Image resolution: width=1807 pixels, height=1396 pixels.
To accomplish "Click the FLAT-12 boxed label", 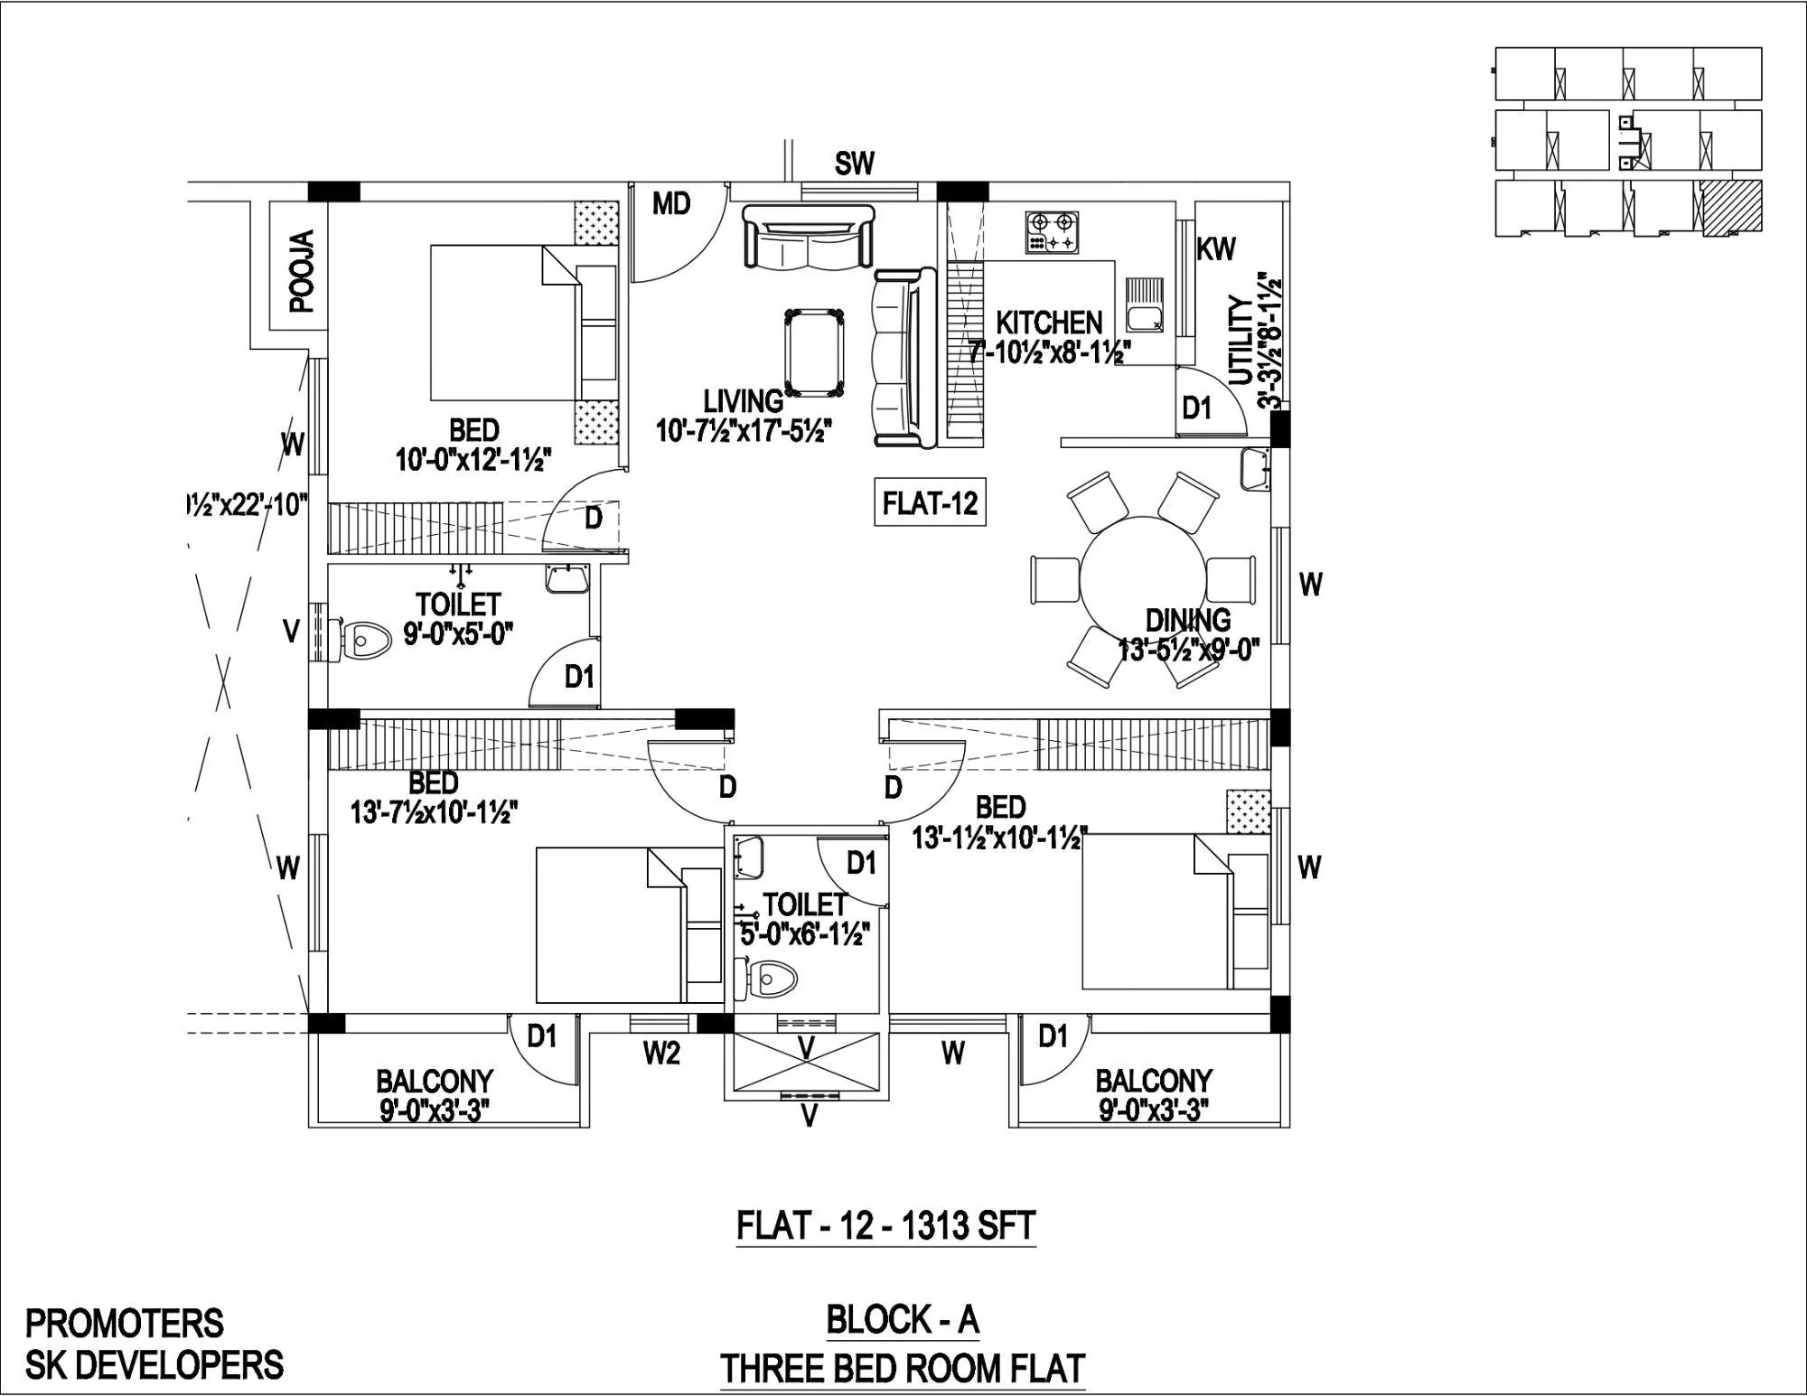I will [930, 502].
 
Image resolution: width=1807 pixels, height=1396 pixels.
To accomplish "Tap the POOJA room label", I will [302, 271].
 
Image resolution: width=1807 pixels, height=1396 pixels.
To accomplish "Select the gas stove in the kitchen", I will [1053, 231].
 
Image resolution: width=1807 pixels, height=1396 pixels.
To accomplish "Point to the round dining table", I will [1143, 581].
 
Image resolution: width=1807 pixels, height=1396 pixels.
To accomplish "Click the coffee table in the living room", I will [816, 352].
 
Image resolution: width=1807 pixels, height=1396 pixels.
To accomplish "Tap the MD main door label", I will [671, 205].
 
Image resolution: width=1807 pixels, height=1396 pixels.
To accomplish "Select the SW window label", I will [854, 164].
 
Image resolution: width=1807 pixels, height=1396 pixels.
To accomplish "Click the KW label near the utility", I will [1215, 249].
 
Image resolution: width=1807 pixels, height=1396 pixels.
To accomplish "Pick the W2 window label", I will [661, 1053].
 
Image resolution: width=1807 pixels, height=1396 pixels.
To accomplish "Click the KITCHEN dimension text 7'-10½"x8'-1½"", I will [1050, 351].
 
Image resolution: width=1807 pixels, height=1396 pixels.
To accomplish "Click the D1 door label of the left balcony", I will [541, 1036].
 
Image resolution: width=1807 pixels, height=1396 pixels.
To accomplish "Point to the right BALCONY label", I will [1153, 1081].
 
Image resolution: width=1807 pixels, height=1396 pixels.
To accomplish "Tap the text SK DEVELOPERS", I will [154, 1364].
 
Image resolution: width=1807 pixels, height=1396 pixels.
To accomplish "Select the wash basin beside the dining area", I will [1256, 468].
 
